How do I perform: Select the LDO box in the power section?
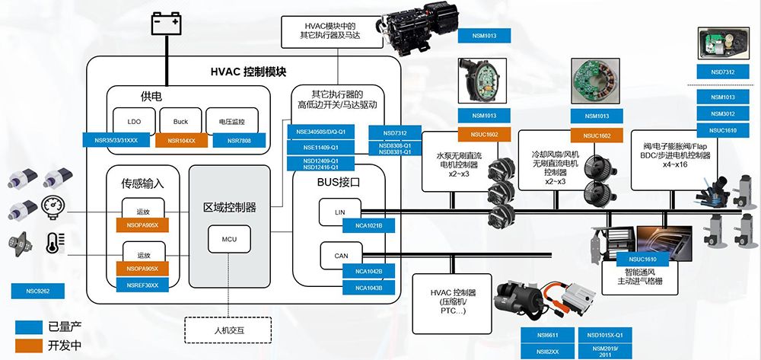[x=134, y=122]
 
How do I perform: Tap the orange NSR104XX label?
[x=181, y=141]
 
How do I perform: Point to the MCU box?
[x=230, y=240]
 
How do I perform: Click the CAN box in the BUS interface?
[x=341, y=256]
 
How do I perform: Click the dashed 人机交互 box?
[x=230, y=331]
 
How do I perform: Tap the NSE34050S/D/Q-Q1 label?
[x=326, y=132]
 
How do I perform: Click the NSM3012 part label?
[x=723, y=114]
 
